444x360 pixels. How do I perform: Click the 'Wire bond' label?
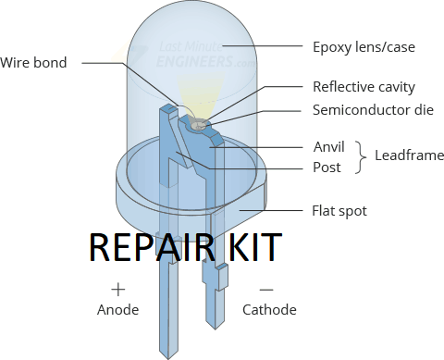click(x=40, y=63)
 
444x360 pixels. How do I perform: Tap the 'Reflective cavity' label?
click(x=364, y=87)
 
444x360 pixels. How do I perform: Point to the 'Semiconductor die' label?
click(x=373, y=110)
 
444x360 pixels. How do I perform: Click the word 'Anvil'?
click(x=329, y=146)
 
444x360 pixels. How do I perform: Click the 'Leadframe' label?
click(x=409, y=155)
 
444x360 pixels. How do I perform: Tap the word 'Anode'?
click(x=117, y=310)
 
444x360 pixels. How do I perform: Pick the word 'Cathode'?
click(x=269, y=310)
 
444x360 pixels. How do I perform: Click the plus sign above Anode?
click(x=117, y=288)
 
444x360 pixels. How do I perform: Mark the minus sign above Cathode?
click(x=265, y=288)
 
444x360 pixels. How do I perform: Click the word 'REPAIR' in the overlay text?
click(x=149, y=249)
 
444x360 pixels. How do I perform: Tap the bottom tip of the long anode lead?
click(x=166, y=354)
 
